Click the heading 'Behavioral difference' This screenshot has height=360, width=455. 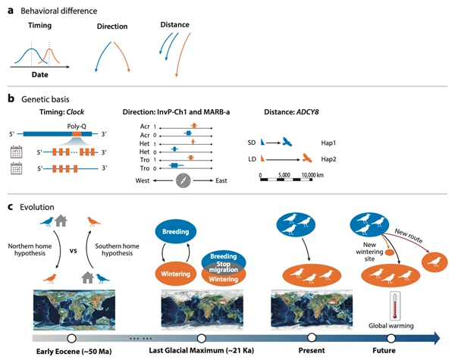55,11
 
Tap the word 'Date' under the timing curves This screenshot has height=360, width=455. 39,75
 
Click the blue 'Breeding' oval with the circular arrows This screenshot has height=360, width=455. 176,230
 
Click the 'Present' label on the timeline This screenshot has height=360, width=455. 312,351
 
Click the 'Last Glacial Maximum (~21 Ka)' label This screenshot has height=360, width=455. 202,351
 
